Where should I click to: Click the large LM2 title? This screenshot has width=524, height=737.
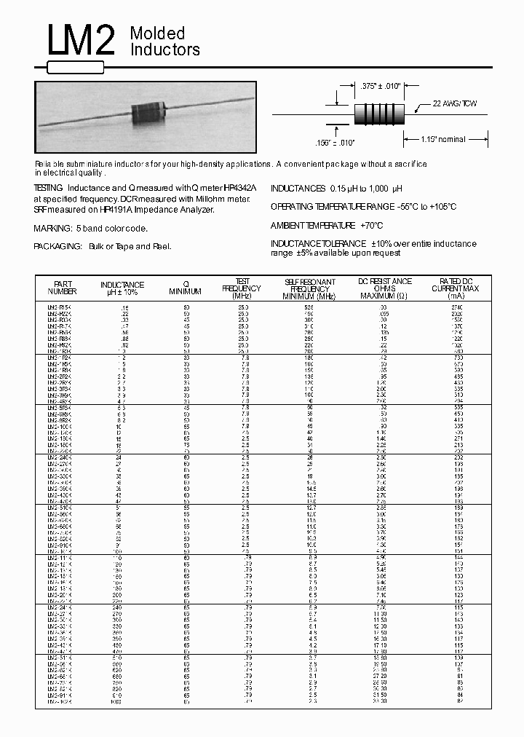click(x=82, y=44)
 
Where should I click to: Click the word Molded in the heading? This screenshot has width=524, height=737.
click(x=157, y=33)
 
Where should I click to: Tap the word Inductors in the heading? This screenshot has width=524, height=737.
click(x=164, y=50)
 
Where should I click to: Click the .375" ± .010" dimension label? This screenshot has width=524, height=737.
click(x=379, y=87)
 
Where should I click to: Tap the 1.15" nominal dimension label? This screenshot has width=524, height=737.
click(x=443, y=139)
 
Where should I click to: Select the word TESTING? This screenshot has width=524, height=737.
click(x=48, y=188)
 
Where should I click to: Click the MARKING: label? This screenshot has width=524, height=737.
click(x=53, y=229)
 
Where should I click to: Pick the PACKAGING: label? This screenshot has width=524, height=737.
click(x=57, y=247)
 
